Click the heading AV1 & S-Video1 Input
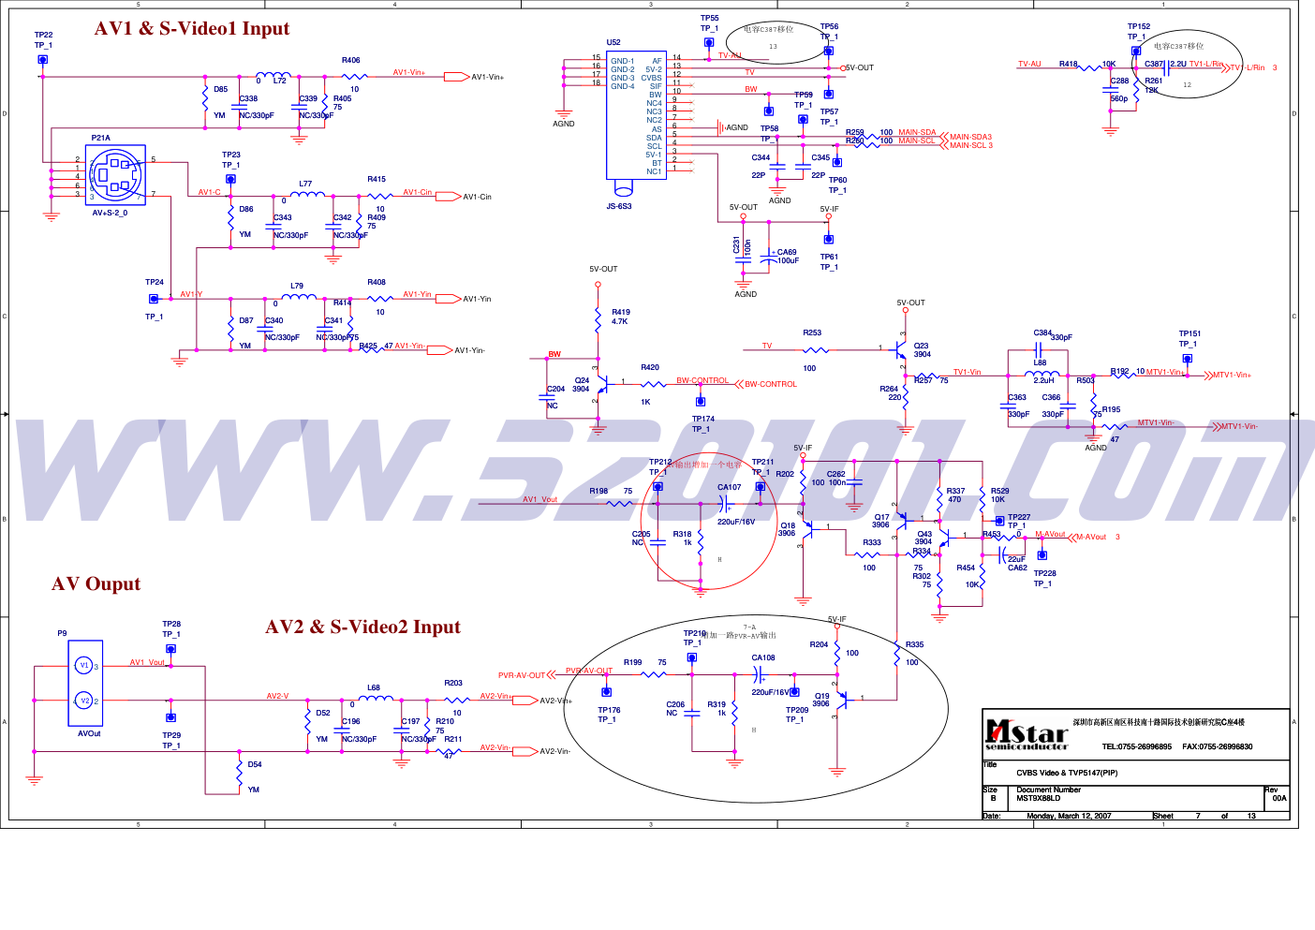coord(192,29)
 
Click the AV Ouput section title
coord(96,584)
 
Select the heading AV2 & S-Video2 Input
coord(362,627)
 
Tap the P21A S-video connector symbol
coord(115,175)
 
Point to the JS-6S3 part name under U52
coord(618,206)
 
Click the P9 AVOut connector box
coord(85,683)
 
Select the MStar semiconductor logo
coord(1027,734)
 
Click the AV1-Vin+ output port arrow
coord(456,77)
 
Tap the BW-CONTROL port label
coord(771,384)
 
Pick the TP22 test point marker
coord(42,59)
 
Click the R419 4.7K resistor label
coord(621,317)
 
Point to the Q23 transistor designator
coord(922,346)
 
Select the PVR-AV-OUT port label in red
coord(521,675)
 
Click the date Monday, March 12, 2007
coord(1069,816)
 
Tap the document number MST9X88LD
coord(1039,799)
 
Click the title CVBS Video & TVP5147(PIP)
coord(1067,773)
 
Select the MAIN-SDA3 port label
coord(970,137)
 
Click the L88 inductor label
coord(1040,362)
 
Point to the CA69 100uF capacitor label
coord(787,256)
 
